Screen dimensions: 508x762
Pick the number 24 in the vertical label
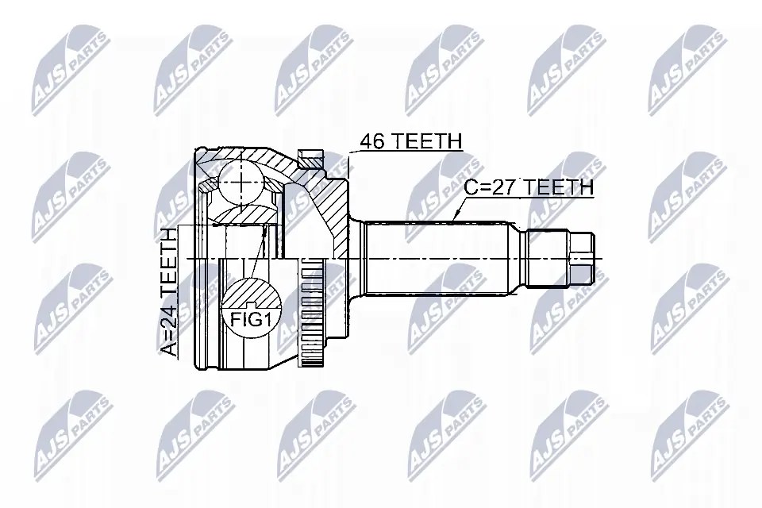[169, 316]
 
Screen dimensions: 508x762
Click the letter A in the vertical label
[169, 348]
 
